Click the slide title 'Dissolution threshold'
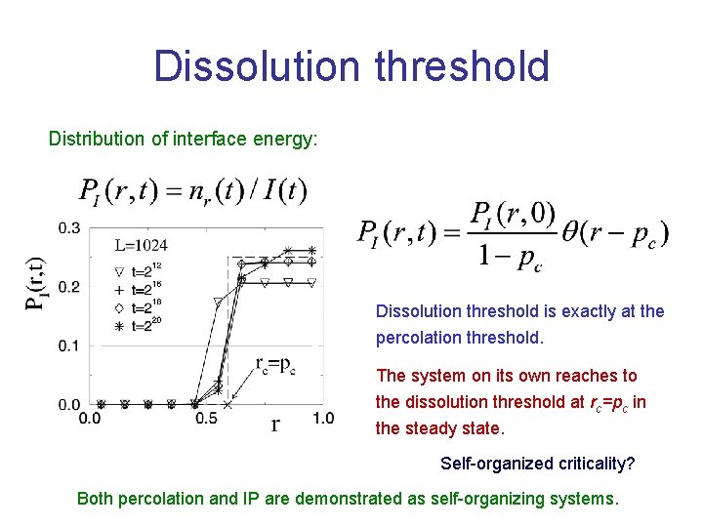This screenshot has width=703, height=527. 351,67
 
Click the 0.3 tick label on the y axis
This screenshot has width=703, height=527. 69,227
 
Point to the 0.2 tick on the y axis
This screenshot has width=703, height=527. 69,287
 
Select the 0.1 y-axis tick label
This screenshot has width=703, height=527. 69,345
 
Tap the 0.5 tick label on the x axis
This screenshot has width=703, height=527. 206,419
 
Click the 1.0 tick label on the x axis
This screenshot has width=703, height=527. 322,419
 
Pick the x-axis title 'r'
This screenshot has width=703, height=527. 275,423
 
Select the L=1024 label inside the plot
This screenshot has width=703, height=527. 141,246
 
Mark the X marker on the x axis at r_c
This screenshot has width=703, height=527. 227,404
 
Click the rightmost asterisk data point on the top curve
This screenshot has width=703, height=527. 311,251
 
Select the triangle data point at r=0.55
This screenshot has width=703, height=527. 218,303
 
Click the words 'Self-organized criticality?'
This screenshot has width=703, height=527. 537,463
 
